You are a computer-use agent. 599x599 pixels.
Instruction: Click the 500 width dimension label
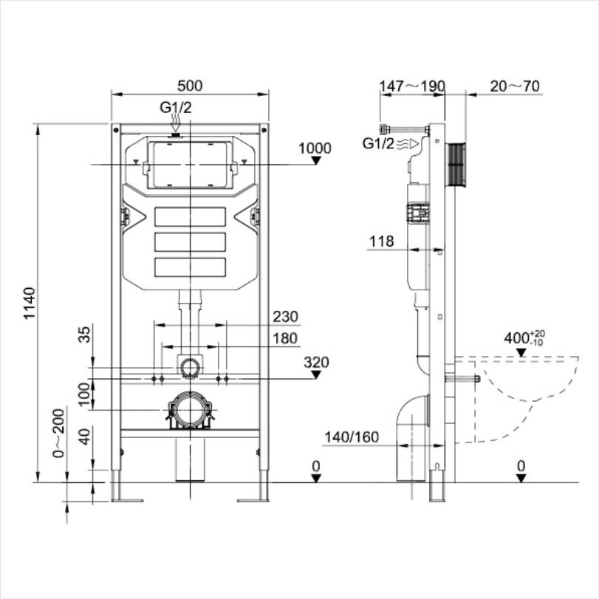[x=189, y=86]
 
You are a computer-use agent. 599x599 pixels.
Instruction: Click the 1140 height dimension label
[x=29, y=303]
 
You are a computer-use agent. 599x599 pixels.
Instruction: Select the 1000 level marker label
[x=315, y=148]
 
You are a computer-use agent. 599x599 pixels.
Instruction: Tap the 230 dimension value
[x=284, y=317]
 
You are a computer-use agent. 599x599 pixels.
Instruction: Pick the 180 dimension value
[x=284, y=338]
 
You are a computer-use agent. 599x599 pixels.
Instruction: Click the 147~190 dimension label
[x=412, y=86]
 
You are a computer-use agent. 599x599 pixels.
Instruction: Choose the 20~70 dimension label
[x=515, y=86]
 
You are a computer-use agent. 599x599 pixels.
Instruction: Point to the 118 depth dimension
[x=382, y=241]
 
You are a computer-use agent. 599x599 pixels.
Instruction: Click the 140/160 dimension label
[x=351, y=437]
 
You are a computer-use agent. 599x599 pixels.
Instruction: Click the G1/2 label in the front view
[x=175, y=107]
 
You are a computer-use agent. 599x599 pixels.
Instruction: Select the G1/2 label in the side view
[x=378, y=143]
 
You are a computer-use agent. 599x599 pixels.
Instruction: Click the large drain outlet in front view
[x=191, y=410]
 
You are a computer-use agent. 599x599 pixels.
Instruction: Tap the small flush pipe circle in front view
[x=191, y=365]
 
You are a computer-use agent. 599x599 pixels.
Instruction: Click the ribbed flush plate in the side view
[x=458, y=166]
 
